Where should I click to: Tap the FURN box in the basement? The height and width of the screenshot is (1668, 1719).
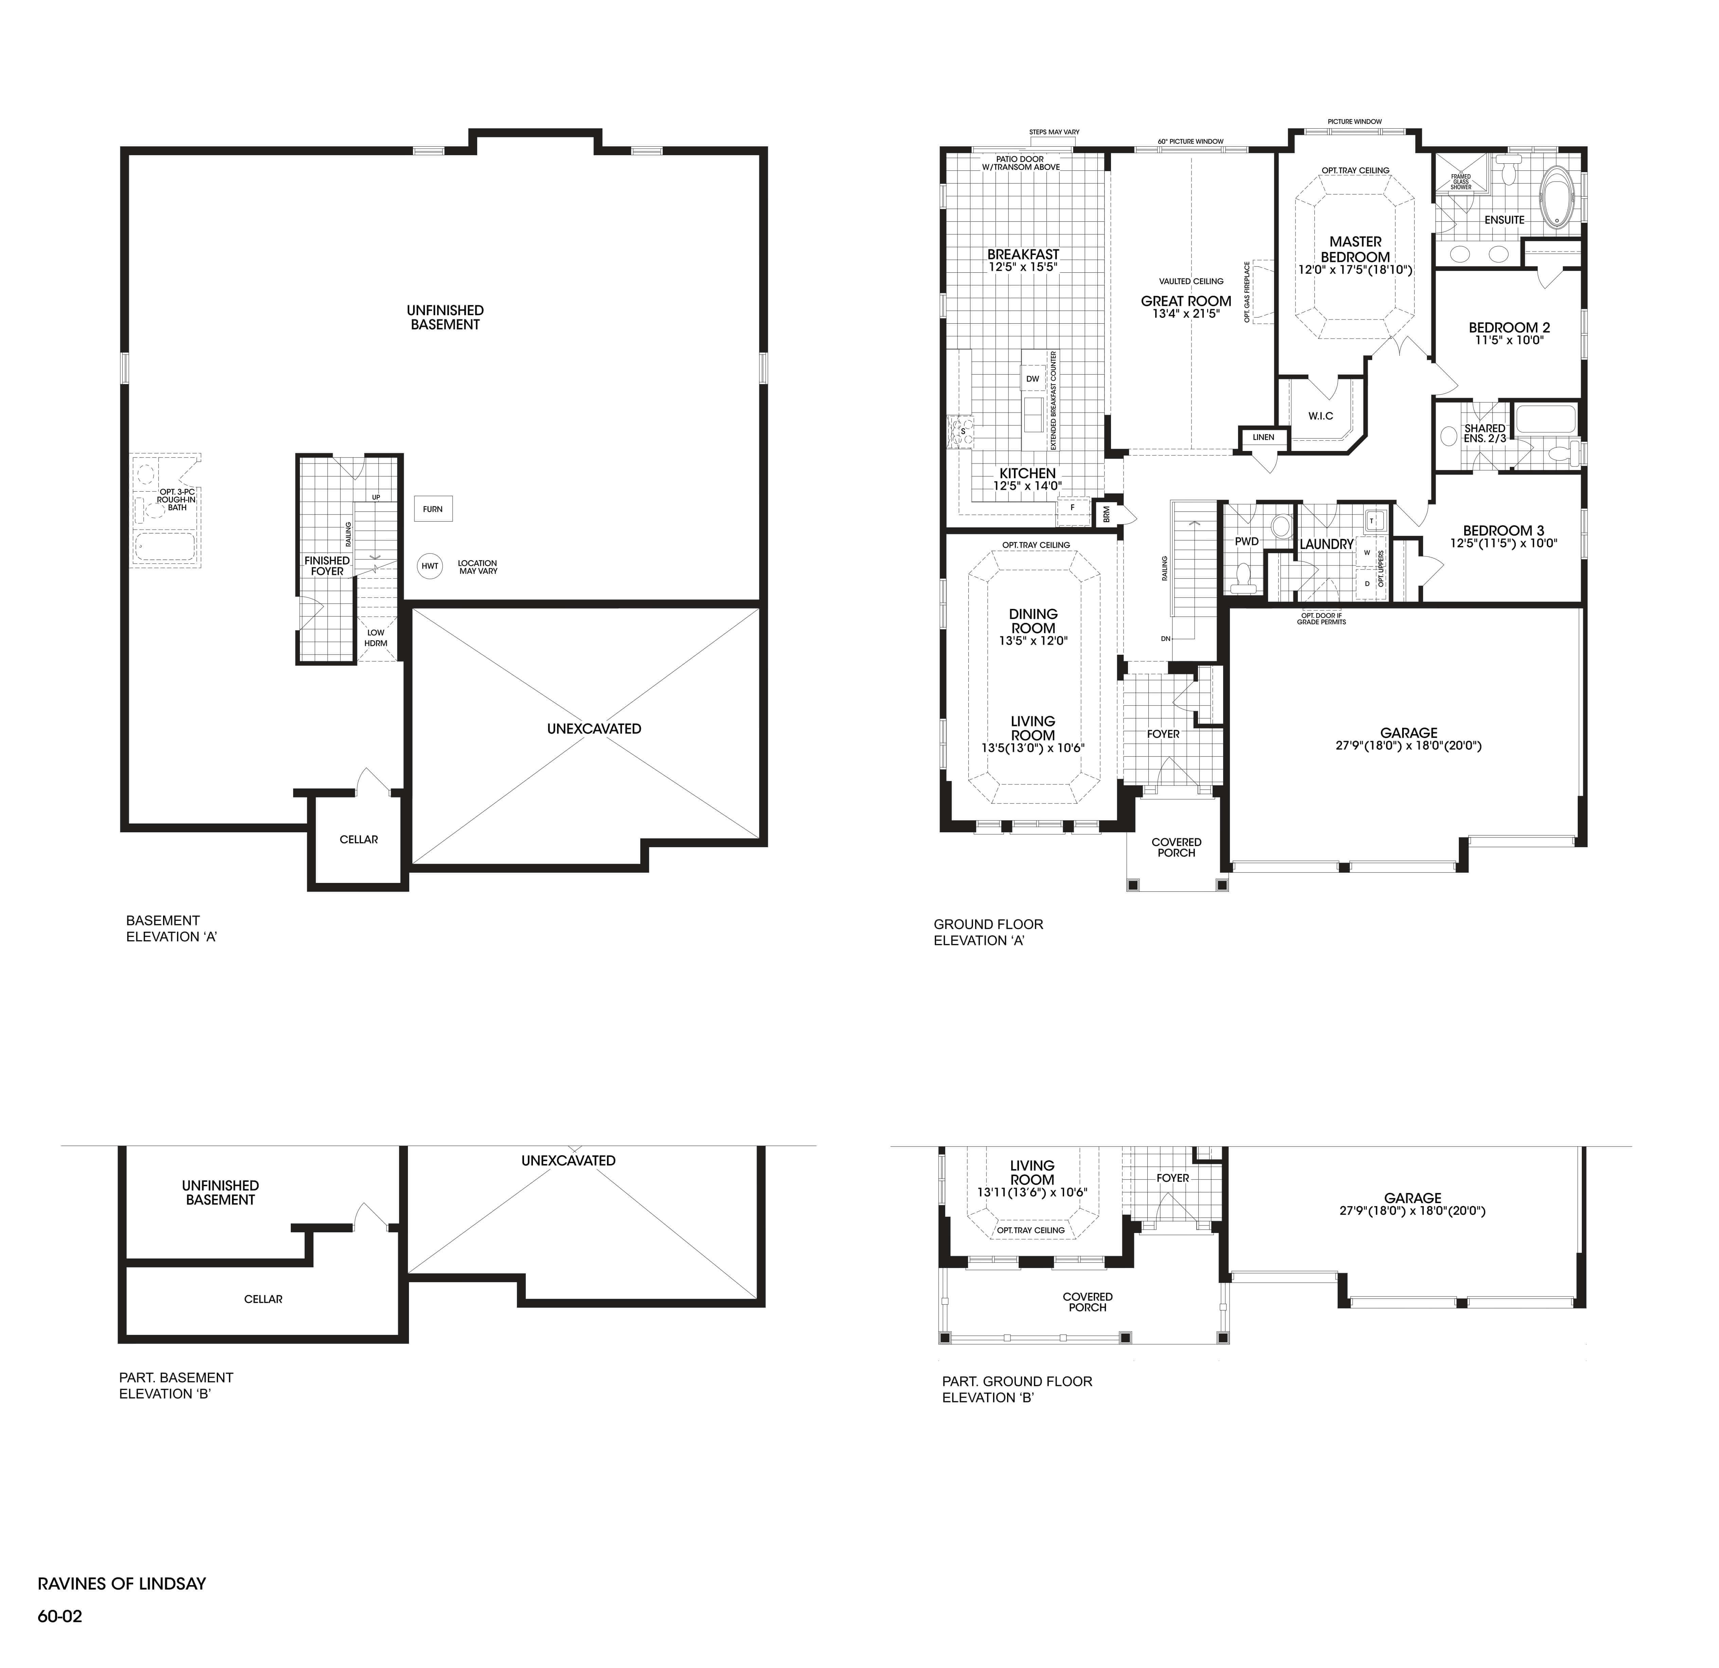(x=433, y=509)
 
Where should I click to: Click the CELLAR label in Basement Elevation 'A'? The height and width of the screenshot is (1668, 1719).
(x=359, y=839)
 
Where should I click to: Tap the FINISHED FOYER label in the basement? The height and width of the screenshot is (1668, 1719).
(x=327, y=566)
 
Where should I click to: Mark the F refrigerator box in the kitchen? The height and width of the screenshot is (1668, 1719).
(x=1072, y=507)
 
